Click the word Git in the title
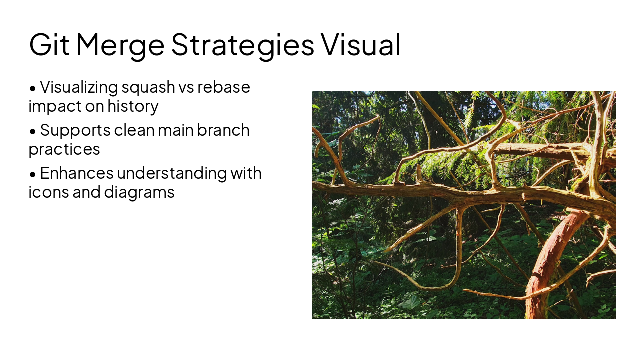[49, 44]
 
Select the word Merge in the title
[120, 44]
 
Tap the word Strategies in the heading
[242, 44]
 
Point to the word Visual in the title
[360, 44]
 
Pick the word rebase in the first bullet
[223, 87]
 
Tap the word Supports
[75, 131]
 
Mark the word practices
[64, 149]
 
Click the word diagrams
[139, 192]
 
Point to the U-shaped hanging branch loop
[435, 280]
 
